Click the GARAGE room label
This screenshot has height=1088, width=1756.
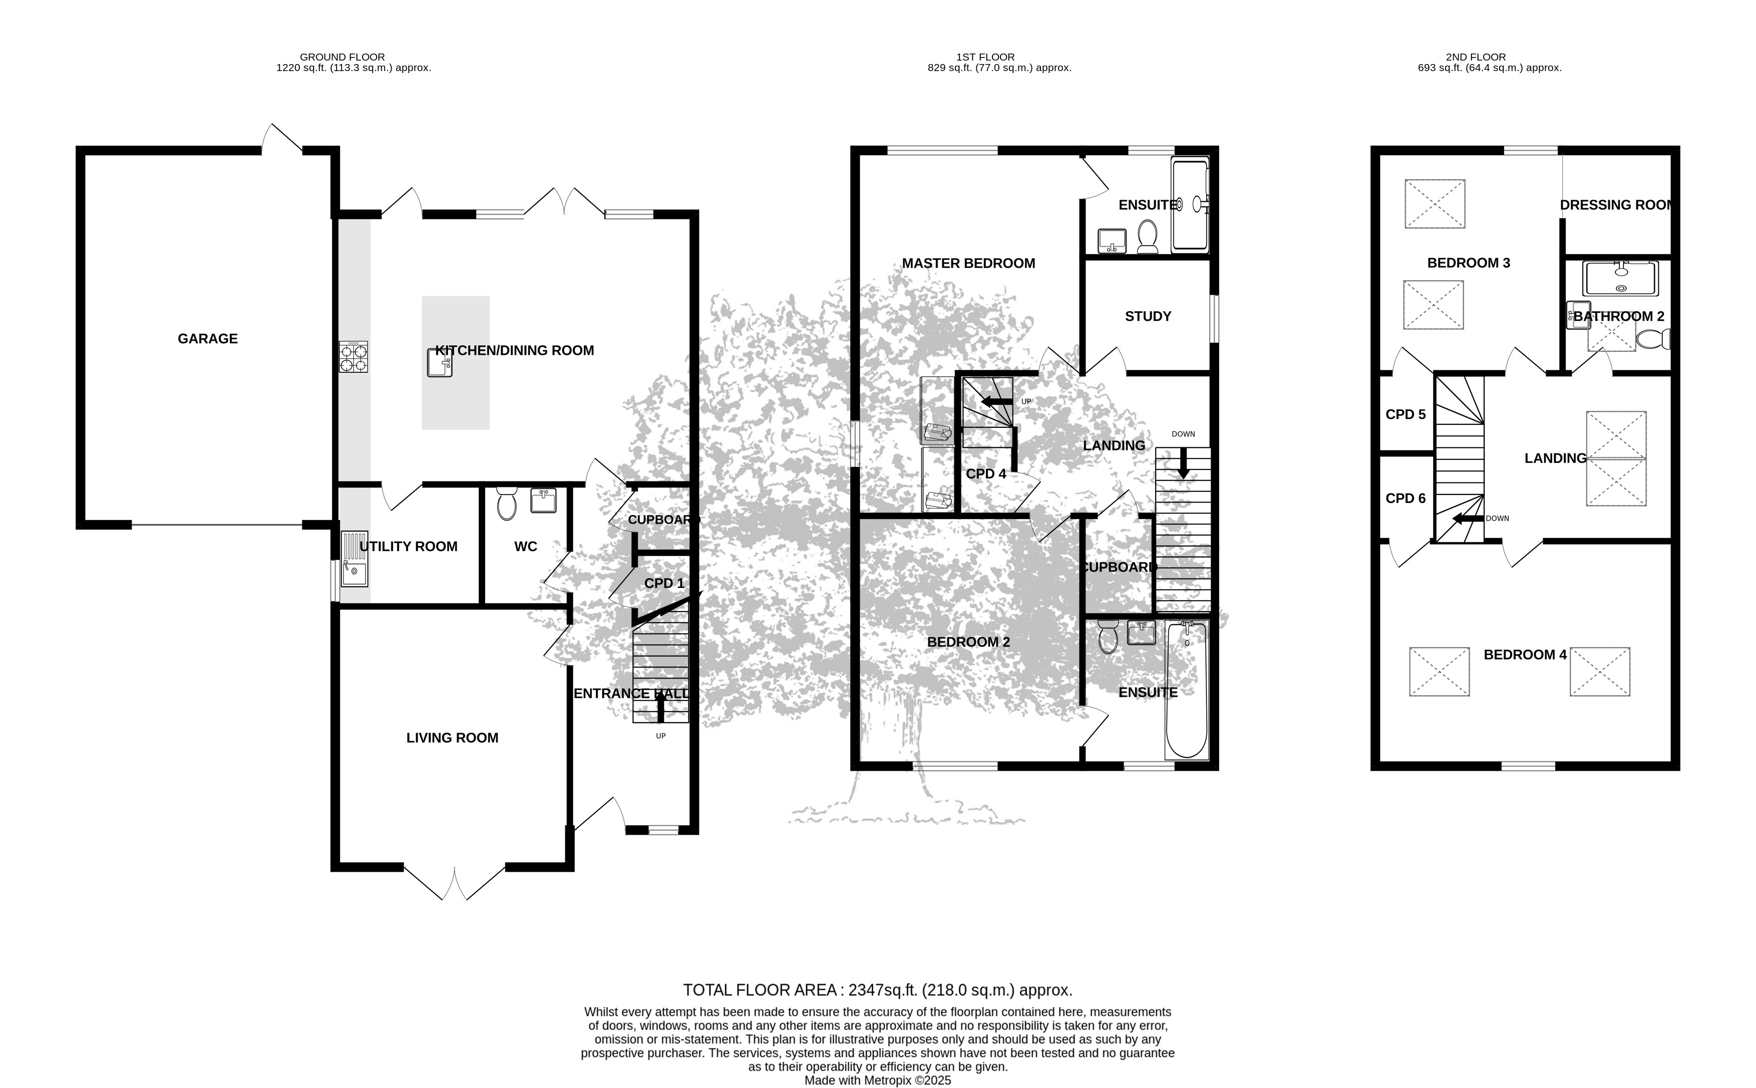[207, 338]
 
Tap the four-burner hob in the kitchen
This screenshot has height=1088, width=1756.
[354, 357]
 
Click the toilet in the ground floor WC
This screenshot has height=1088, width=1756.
[507, 503]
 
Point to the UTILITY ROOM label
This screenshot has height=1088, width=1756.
[408, 546]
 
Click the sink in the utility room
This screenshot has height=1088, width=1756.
[354, 559]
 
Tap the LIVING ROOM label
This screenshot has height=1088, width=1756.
[452, 738]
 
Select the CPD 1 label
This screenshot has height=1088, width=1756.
[664, 583]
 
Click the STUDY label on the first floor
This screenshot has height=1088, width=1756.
[1148, 316]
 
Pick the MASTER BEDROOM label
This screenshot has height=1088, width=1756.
[968, 263]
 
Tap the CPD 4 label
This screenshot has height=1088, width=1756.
[985, 473]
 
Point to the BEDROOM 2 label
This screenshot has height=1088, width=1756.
[968, 642]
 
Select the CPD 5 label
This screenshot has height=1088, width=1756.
[1406, 414]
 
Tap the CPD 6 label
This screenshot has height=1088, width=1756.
[1406, 498]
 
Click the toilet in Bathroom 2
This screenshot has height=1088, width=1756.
[1653, 338]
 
